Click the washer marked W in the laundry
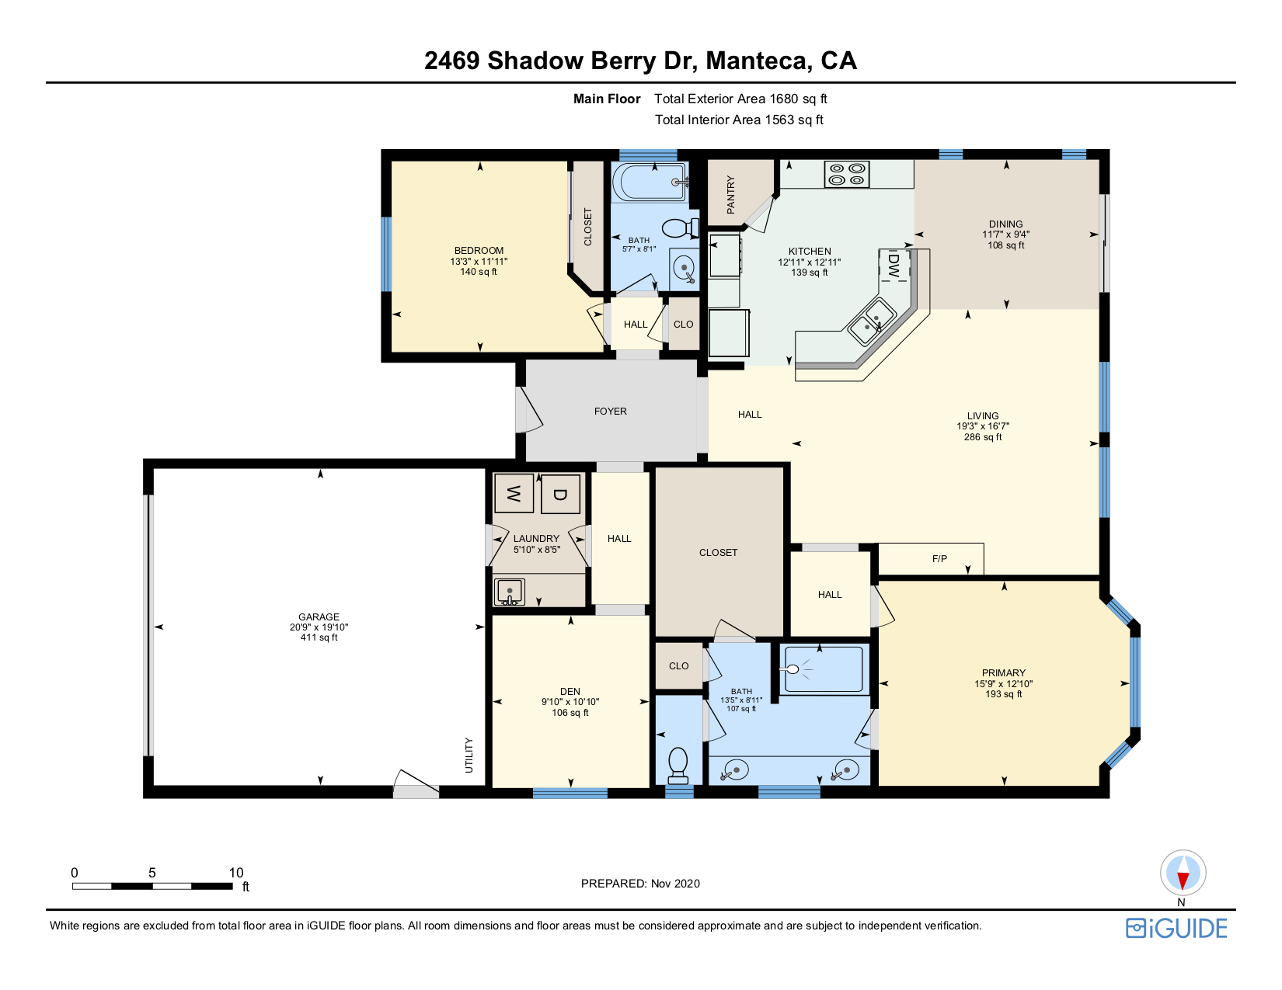[x=514, y=493]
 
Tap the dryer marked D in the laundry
[x=560, y=494]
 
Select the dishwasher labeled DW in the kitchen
[x=894, y=265]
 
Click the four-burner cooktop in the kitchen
[x=847, y=174]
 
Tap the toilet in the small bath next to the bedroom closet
[x=681, y=228]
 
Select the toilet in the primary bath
[x=678, y=763]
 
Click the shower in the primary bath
[x=824, y=669]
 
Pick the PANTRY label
[x=731, y=195]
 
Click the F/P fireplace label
[x=939, y=558]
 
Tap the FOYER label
[x=610, y=412]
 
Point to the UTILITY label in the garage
[x=469, y=756]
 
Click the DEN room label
[x=570, y=692]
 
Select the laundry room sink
[x=509, y=592]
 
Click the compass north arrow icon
[x=1183, y=874]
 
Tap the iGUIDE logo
[x=1176, y=929]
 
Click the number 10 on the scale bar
[x=236, y=873]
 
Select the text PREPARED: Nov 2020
[x=640, y=884]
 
